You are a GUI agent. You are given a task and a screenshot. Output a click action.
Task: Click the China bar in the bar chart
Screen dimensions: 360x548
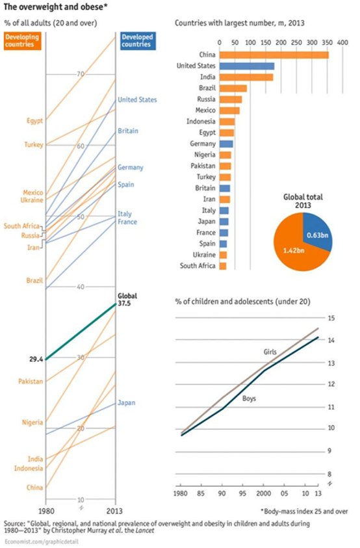[x=274, y=55]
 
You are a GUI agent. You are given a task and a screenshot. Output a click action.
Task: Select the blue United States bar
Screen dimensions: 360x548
[x=247, y=66]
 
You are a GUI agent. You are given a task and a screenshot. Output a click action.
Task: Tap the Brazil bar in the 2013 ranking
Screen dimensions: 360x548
[x=233, y=88]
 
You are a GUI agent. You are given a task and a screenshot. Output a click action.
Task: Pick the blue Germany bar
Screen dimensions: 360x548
[x=226, y=144]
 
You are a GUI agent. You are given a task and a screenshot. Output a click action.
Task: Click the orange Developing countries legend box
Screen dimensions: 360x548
[x=22, y=41]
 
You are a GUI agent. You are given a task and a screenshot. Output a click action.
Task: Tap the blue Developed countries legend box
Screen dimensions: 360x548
[x=138, y=41]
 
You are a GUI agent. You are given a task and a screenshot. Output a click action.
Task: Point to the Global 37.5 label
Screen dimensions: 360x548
[x=127, y=300]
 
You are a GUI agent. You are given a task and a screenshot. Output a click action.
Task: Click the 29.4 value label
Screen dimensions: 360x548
[x=36, y=359]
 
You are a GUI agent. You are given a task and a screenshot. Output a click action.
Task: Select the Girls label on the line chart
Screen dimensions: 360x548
[x=270, y=352]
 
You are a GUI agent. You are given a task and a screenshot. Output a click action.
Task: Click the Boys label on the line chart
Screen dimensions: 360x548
[x=249, y=398]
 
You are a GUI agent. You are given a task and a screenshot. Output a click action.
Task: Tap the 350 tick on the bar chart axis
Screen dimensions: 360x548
[x=327, y=43]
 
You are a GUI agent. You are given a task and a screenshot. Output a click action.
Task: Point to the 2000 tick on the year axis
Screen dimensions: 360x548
[x=264, y=493]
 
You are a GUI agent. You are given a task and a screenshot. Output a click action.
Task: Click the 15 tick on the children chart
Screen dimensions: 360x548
[x=331, y=318]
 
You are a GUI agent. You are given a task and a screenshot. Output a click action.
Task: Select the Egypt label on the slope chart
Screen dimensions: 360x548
[x=35, y=121]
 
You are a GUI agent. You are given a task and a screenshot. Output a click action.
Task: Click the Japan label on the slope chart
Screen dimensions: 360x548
[x=127, y=403]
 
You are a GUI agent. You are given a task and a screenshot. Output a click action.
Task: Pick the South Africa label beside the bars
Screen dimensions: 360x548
[x=198, y=266]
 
